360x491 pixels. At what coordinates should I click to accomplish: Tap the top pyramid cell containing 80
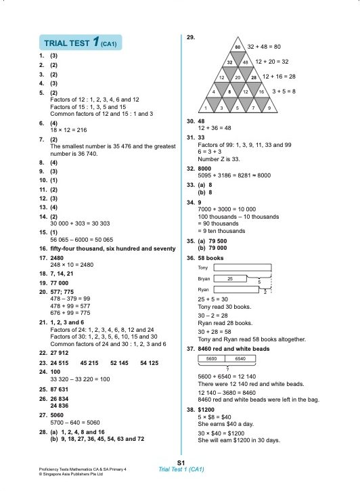click(238, 47)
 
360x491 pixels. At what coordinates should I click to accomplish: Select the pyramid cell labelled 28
click(254, 77)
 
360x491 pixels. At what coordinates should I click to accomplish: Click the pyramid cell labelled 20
click(238, 77)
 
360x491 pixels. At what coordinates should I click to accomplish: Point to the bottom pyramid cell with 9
click(269, 107)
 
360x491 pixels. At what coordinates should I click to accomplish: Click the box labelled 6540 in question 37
click(240, 358)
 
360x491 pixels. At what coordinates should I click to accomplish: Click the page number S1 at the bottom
click(181, 462)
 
